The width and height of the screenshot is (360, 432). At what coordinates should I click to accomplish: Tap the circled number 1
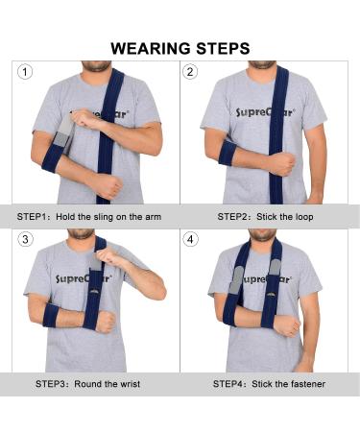[25, 72]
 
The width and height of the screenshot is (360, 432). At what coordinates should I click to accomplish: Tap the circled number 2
[190, 72]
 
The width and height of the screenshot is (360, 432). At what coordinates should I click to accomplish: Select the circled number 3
[25, 238]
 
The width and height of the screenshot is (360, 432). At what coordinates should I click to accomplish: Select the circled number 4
[190, 238]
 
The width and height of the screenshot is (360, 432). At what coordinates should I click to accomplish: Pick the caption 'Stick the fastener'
[290, 383]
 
